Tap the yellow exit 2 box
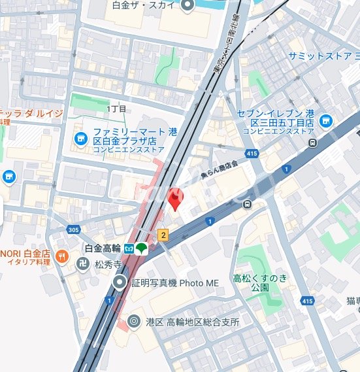click(163, 234)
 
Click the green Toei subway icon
click(142, 248)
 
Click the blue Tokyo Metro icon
click(130, 248)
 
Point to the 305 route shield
click(73, 229)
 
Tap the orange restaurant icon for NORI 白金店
click(63, 256)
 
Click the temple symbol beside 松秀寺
click(83, 265)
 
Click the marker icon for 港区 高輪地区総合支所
click(135, 321)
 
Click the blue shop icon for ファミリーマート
click(80, 138)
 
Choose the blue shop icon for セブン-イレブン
click(325, 120)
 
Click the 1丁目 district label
click(116, 109)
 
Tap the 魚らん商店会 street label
click(220, 169)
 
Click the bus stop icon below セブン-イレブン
click(314, 143)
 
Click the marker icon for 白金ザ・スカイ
click(188, 6)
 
